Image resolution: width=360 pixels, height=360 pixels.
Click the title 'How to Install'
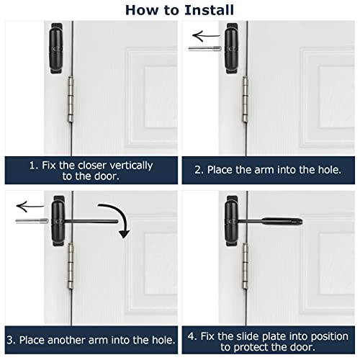180,9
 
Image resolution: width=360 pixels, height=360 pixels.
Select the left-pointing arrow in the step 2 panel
206,35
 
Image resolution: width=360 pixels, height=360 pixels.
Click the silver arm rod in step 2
205,50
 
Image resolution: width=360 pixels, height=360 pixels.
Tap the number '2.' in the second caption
199,171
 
